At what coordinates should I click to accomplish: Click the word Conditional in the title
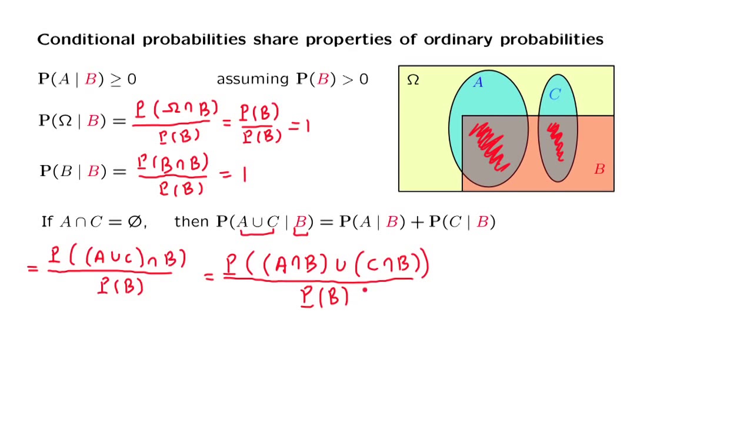[x=86, y=39]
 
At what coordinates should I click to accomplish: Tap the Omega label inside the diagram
[x=413, y=80]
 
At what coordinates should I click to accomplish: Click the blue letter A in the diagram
[x=478, y=82]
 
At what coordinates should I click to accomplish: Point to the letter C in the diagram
[x=555, y=95]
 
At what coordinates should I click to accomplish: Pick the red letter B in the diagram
[x=599, y=169]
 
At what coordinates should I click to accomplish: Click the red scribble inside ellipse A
[x=489, y=147]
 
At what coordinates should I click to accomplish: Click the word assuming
[x=252, y=80]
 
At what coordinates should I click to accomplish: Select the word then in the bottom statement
[x=192, y=221]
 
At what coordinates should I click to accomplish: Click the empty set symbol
[x=135, y=221]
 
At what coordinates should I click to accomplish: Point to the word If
[x=47, y=221]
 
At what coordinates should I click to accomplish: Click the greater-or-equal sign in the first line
[x=116, y=80]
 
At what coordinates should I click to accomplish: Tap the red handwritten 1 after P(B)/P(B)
[x=308, y=126]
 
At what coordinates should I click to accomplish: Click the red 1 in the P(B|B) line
[x=244, y=175]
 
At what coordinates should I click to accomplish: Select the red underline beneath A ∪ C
[x=257, y=233]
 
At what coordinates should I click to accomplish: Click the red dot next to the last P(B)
[x=365, y=290]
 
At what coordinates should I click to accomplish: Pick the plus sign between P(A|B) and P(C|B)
[x=417, y=223]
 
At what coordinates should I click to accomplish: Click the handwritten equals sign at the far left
[x=32, y=268]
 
